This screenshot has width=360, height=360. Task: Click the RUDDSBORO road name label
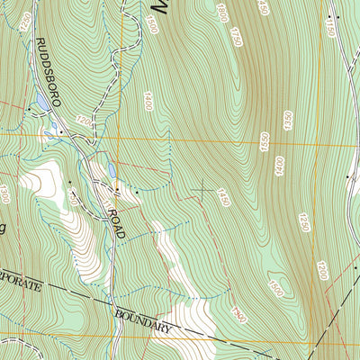coord(47,72)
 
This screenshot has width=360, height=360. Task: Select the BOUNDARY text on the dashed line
coord(143,322)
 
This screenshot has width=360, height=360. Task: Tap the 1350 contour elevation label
coord(289,122)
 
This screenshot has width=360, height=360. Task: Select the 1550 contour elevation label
coord(265,141)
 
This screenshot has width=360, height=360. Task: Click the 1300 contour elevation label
coord(4,193)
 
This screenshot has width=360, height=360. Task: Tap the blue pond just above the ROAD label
coord(110,169)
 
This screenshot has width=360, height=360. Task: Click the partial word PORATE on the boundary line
coord(20,283)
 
